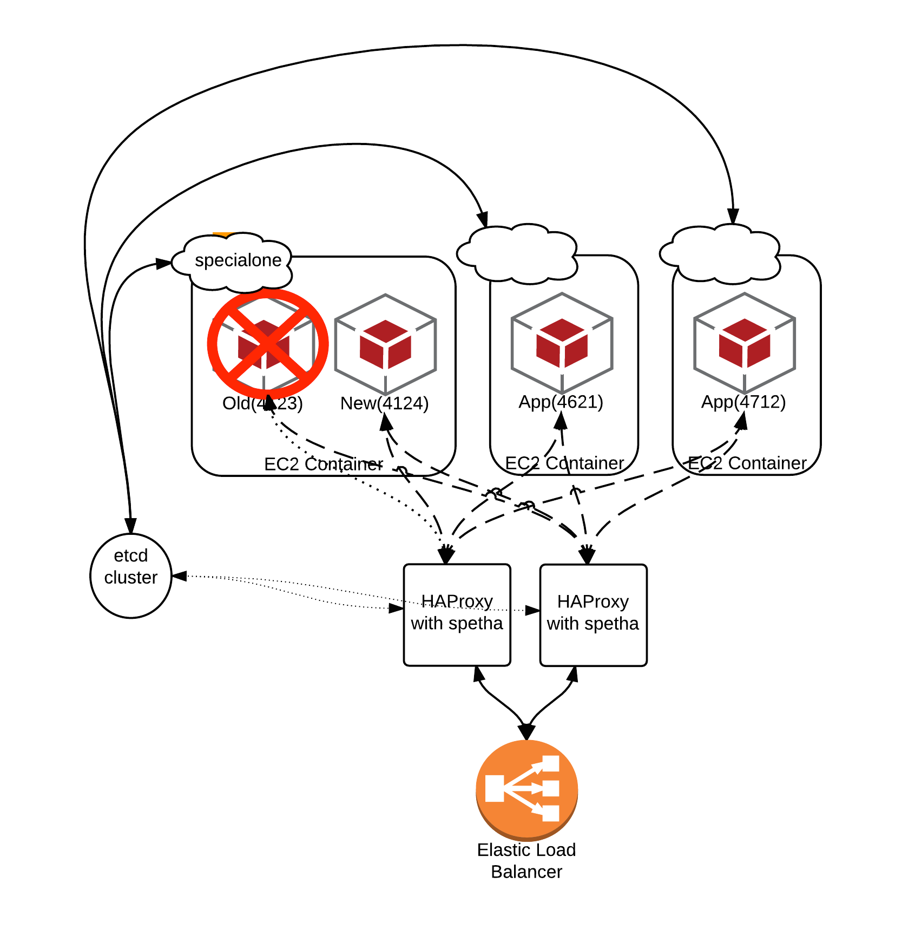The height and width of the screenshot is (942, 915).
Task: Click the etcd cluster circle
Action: [130, 575]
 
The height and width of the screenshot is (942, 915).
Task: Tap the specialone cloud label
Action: [238, 260]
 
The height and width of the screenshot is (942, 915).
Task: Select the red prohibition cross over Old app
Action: [267, 344]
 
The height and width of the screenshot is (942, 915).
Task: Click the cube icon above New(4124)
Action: [385, 344]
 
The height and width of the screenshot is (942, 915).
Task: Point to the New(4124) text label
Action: [384, 403]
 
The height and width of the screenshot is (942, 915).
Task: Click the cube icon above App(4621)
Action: [562, 343]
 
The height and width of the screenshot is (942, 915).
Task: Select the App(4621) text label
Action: [561, 402]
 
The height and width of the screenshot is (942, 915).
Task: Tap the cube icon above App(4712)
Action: [745, 343]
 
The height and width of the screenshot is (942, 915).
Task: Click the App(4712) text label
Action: [743, 402]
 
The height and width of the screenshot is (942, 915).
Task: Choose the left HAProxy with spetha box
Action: [457, 615]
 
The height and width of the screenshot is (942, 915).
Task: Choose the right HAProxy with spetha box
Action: [593, 615]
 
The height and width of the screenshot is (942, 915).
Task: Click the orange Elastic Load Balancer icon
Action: [526, 789]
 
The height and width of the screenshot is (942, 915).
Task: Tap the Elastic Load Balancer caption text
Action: [526, 861]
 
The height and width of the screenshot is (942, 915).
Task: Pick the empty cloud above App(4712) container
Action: [720, 253]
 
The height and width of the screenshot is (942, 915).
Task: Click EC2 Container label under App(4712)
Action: [747, 463]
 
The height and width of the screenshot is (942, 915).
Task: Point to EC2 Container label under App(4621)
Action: [564, 463]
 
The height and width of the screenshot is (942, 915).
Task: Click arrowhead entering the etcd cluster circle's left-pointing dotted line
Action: [179, 576]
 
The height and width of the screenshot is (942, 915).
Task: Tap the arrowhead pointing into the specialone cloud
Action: [164, 264]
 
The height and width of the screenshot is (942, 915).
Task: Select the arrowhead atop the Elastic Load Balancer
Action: [526, 732]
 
